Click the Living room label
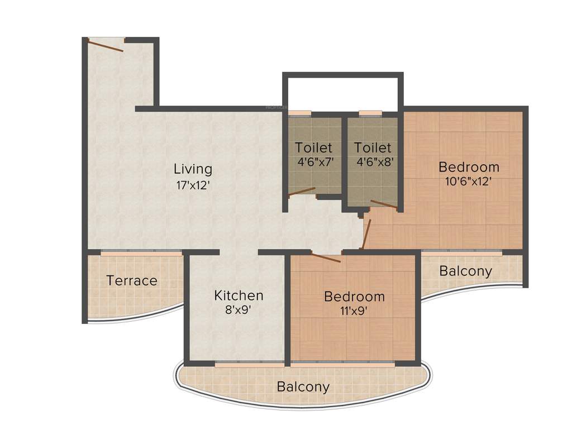coord(193,168)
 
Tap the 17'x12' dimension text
coord(193,185)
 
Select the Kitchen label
coord(239,295)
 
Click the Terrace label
coord(132,280)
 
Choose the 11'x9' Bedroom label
coord(354,296)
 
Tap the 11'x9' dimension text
coord(354,311)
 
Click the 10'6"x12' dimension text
coord(469,182)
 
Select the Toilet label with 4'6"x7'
coord(314,148)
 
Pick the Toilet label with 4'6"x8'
coord(373,148)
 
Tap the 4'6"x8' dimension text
coord(373,163)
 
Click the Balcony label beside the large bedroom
coord(466,271)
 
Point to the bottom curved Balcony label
coord(303,387)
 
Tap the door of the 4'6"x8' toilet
coord(384,204)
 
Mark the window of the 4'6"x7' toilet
coord(300,113)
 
